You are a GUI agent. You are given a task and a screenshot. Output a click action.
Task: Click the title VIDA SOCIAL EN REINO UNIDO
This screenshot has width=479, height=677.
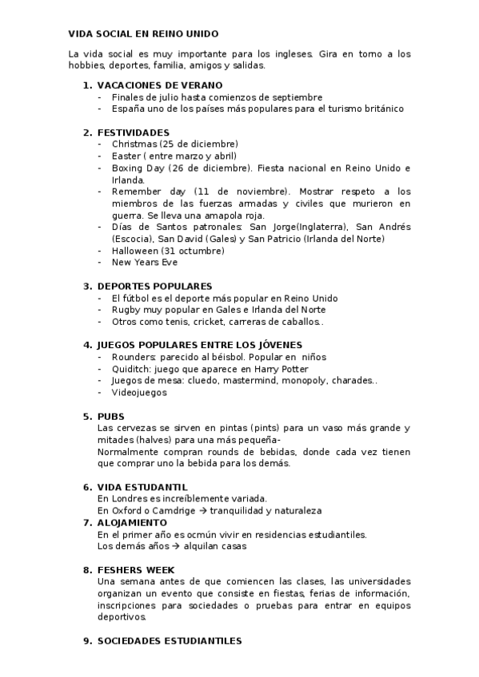pyautogui.click(x=143, y=34)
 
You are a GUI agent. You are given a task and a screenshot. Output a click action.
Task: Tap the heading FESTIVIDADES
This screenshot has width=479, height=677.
pyautogui.click(x=133, y=132)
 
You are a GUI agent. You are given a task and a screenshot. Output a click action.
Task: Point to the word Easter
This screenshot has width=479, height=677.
pyautogui.click(x=126, y=156)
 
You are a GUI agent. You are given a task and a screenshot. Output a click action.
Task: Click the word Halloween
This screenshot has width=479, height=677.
pyautogui.click(x=135, y=251)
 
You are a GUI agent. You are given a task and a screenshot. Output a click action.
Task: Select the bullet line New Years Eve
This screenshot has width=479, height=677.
pyautogui.click(x=145, y=262)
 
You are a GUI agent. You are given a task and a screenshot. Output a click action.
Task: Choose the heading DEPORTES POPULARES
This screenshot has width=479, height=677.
pyautogui.click(x=154, y=286)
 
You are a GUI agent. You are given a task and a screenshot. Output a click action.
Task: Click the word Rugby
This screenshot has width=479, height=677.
pyautogui.click(x=126, y=310)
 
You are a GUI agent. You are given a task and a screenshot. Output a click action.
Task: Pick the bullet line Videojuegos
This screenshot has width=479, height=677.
pyautogui.click(x=139, y=393)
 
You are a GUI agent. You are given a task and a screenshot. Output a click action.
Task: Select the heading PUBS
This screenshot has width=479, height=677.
pyautogui.click(x=111, y=416)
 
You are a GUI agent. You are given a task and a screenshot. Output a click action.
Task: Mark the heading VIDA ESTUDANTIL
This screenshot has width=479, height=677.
pyautogui.click(x=142, y=487)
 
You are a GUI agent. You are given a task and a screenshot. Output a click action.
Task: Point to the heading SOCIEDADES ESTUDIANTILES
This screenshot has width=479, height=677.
pyautogui.click(x=169, y=640)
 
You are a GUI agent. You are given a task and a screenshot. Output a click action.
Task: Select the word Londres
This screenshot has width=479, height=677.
pyautogui.click(x=127, y=499)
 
